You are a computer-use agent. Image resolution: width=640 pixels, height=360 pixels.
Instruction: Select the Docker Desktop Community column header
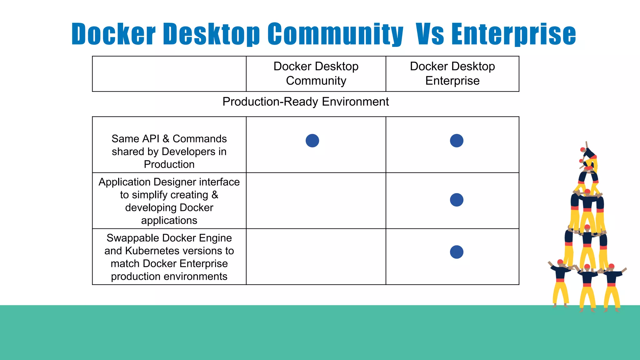(x=316, y=73)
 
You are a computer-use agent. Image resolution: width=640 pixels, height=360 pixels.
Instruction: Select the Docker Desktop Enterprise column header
(x=452, y=73)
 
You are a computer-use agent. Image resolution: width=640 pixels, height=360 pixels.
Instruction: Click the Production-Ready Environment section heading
(x=305, y=102)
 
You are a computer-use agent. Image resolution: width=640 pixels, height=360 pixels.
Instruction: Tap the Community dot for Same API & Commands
(x=312, y=141)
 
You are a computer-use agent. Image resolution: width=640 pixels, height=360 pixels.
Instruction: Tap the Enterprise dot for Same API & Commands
(x=457, y=141)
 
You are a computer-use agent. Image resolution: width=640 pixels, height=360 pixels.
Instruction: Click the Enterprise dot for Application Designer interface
(x=457, y=200)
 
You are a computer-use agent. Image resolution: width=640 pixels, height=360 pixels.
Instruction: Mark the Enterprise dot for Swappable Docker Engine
(x=457, y=252)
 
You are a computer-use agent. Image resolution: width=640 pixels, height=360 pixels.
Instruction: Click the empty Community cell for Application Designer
(x=316, y=200)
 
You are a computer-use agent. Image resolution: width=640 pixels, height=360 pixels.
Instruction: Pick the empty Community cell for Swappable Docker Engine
(x=316, y=256)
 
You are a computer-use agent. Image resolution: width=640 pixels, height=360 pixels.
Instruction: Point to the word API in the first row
(x=150, y=139)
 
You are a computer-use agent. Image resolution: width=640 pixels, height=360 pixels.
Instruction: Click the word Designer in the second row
(x=175, y=182)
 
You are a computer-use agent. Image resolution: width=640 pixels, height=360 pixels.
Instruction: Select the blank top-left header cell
(x=169, y=74)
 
